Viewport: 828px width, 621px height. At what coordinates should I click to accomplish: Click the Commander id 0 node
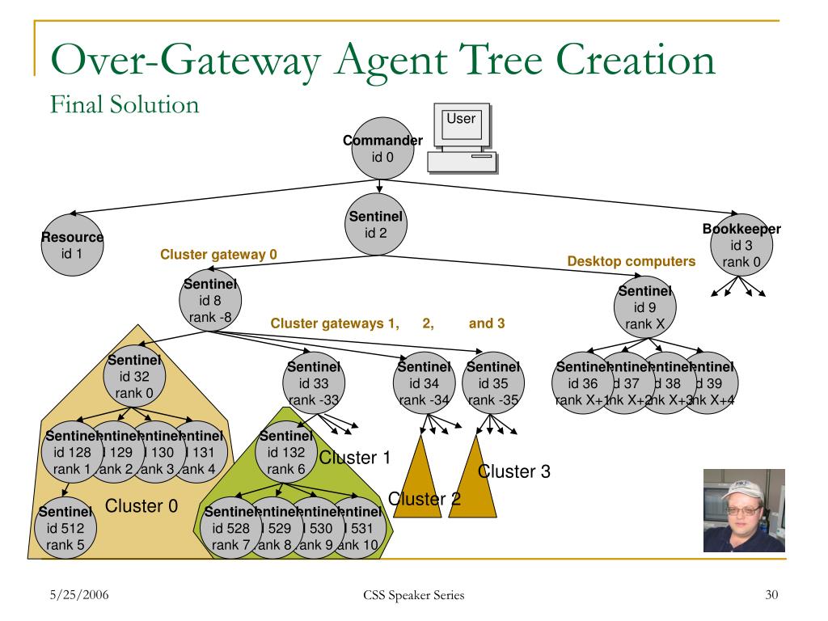382,150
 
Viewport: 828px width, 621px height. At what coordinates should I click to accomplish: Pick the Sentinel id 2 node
376,225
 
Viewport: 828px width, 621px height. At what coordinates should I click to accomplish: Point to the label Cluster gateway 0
218,255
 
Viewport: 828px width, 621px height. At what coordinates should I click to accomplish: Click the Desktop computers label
631,261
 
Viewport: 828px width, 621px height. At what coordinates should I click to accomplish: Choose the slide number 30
771,596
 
